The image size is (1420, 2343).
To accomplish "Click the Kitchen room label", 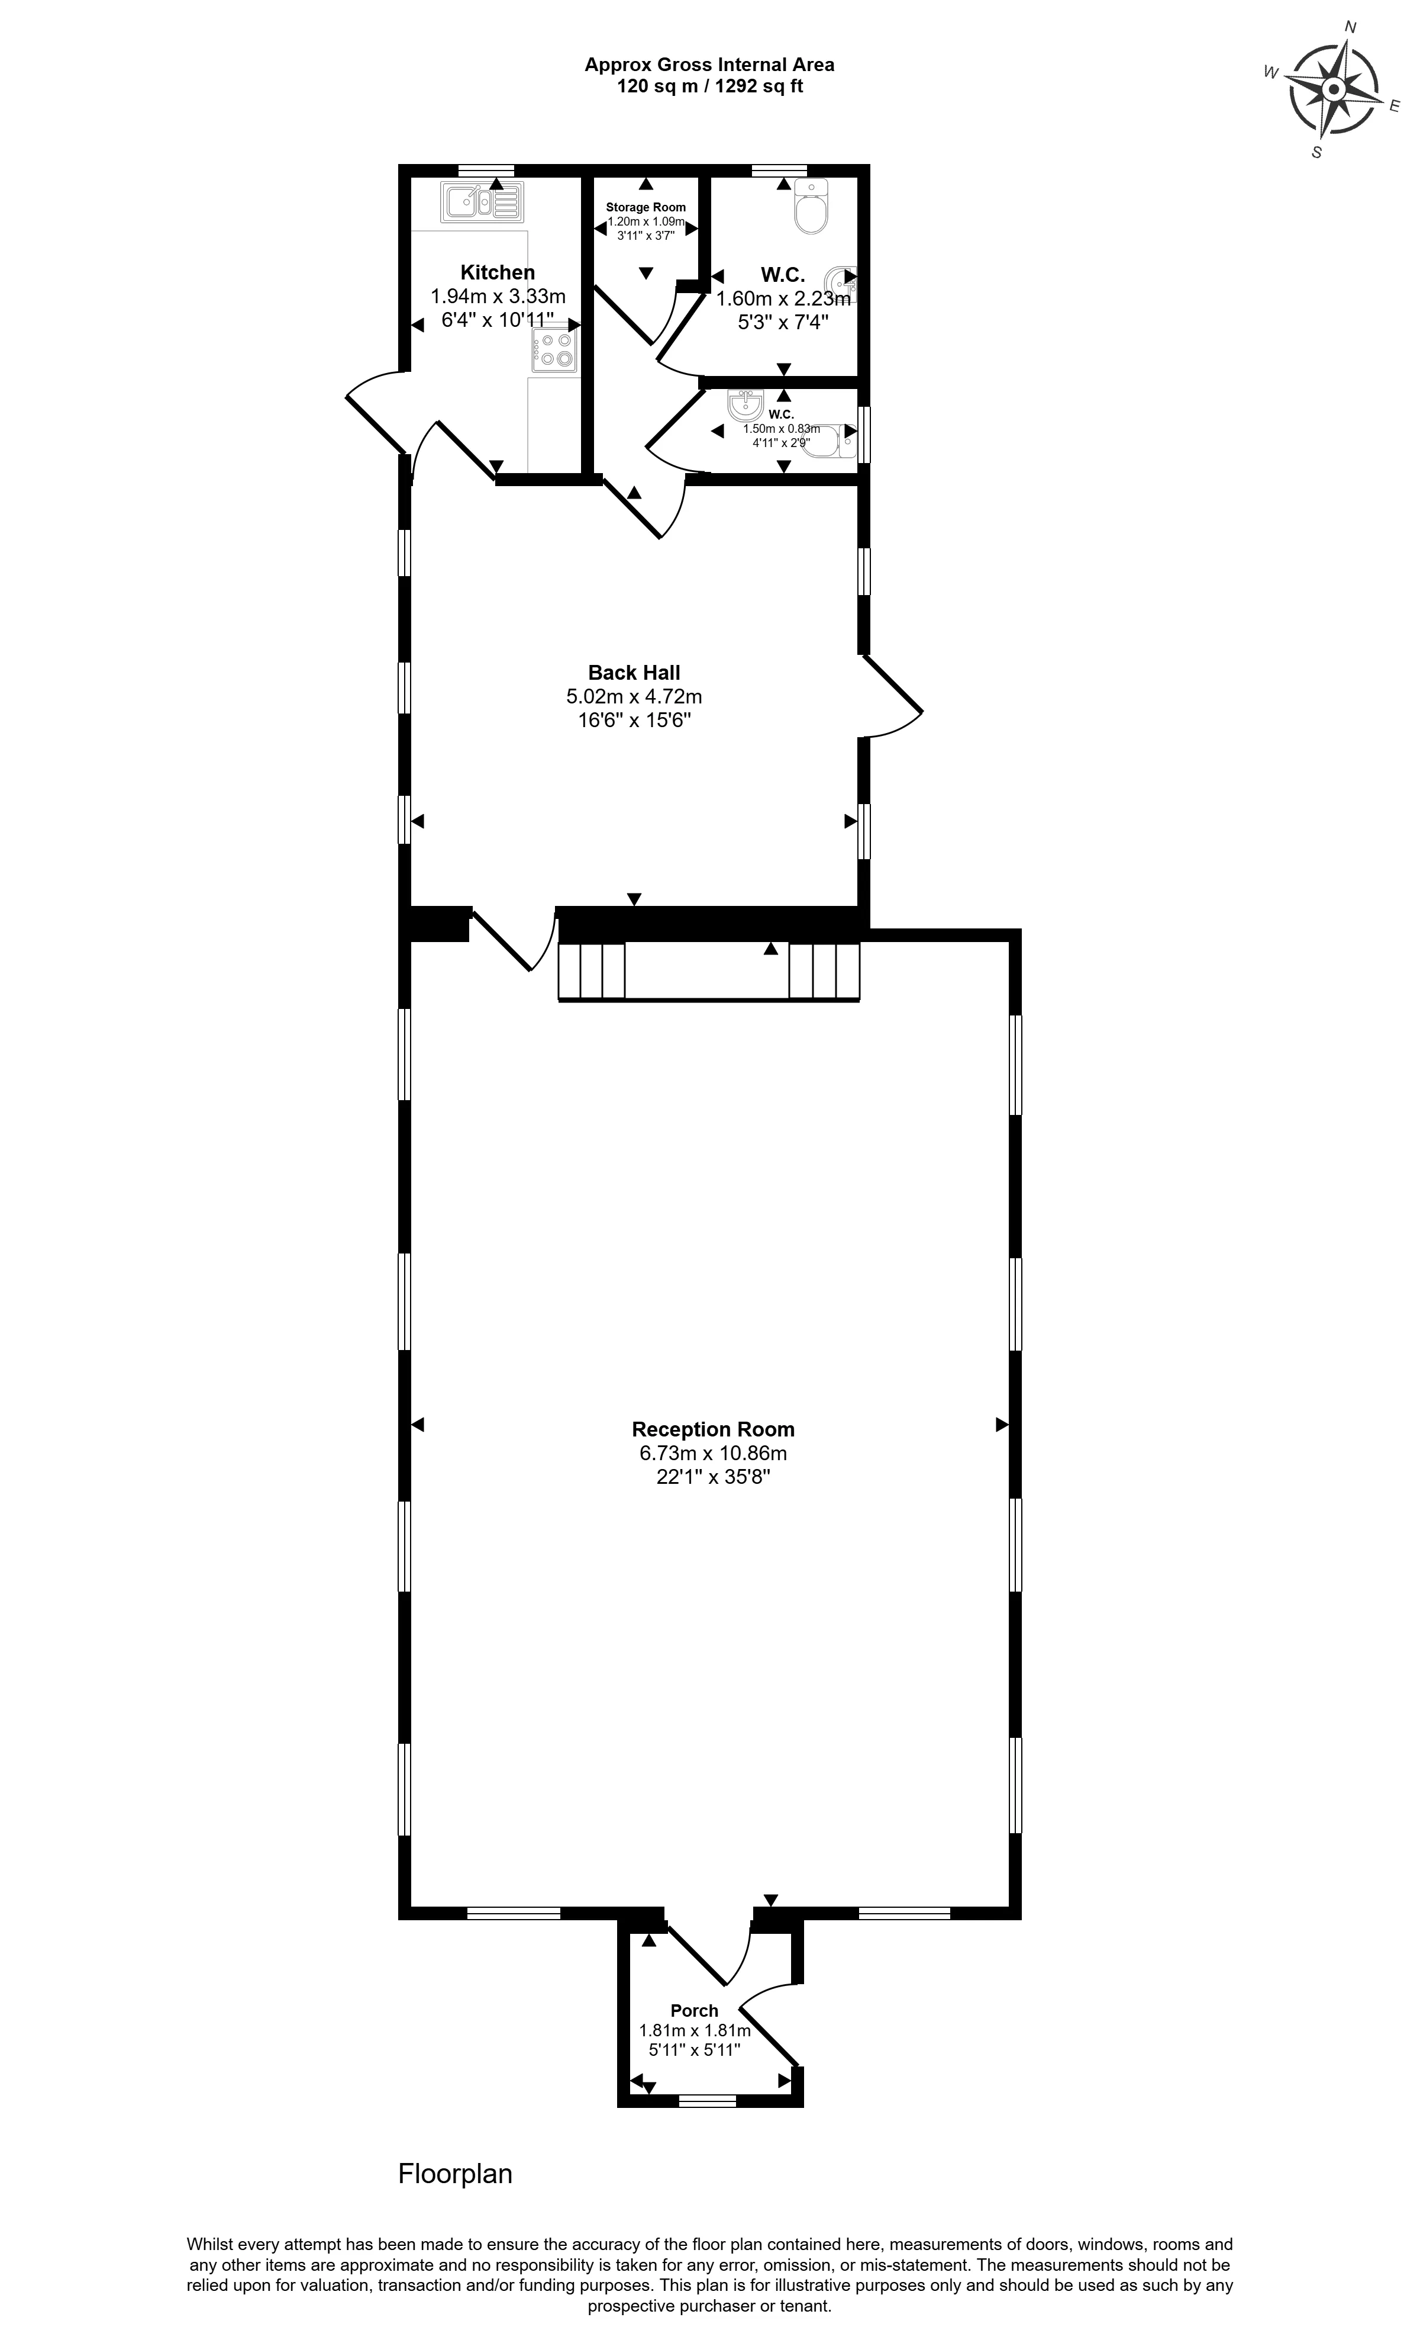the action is pyautogui.click(x=497, y=272).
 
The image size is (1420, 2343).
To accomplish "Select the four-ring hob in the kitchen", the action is pyautogui.click(x=555, y=349).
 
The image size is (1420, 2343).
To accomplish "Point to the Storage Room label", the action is pyautogui.click(x=646, y=207).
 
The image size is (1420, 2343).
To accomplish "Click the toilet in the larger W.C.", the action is pyautogui.click(x=811, y=205).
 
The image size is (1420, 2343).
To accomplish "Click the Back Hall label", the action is pyautogui.click(x=634, y=672).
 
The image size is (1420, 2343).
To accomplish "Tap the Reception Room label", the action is pyautogui.click(x=713, y=1429).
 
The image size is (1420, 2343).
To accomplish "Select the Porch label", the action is pyautogui.click(x=694, y=2010).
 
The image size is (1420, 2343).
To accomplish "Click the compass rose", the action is pyautogui.click(x=1334, y=89).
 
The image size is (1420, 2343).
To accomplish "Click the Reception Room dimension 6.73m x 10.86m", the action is pyautogui.click(x=713, y=1453).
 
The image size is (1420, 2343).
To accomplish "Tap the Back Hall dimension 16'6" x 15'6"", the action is pyautogui.click(x=634, y=720).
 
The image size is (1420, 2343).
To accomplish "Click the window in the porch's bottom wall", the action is pyautogui.click(x=707, y=2100).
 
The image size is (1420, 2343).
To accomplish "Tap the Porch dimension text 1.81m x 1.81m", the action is pyautogui.click(x=695, y=2030).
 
